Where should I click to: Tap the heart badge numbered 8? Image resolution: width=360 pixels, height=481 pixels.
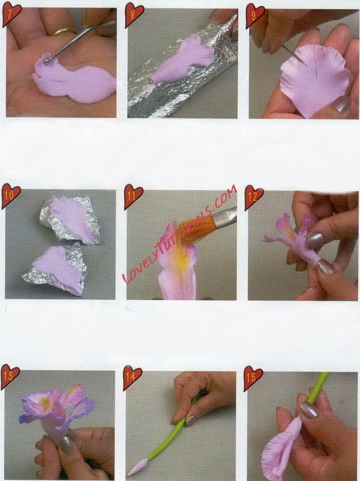pyautogui.click(x=134, y=15)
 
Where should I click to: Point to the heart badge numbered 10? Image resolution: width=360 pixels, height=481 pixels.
pyautogui.click(x=10, y=195)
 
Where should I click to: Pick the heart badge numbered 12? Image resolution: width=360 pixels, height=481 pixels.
pyautogui.click(x=254, y=196)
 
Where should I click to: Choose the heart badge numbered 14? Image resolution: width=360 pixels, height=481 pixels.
pyautogui.click(x=132, y=377)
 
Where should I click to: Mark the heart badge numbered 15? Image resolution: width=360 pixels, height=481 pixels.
pyautogui.click(x=253, y=377)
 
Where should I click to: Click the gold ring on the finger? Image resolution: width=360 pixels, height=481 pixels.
pyautogui.click(x=65, y=31)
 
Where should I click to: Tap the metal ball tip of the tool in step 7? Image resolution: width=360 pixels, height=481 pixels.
pyautogui.click(x=47, y=61)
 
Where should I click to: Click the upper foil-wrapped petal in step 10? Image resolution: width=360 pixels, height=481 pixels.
pyautogui.click(x=71, y=218)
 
